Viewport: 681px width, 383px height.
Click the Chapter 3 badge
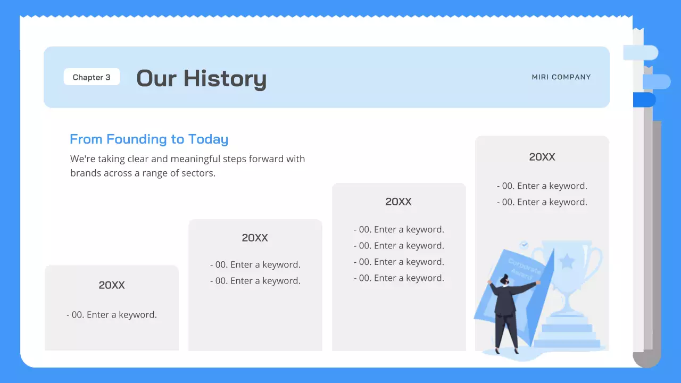pyautogui.click(x=92, y=77)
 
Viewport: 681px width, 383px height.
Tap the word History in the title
pyautogui.click(x=225, y=79)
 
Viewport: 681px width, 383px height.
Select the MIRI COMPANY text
pyautogui.click(x=561, y=77)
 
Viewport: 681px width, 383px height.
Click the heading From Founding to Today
pyautogui.click(x=149, y=139)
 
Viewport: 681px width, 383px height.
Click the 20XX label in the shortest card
pyautogui.click(x=112, y=285)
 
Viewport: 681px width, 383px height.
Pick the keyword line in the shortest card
pyautogui.click(x=112, y=315)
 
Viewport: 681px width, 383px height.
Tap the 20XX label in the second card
pyautogui.click(x=255, y=238)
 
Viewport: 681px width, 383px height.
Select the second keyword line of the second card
pyautogui.click(x=255, y=281)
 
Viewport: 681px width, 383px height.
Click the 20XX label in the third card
pyautogui.click(x=398, y=202)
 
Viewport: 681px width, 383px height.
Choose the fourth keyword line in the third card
pyautogui.click(x=399, y=278)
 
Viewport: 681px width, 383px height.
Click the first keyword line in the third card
pyautogui.click(x=399, y=230)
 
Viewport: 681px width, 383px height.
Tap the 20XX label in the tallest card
pyautogui.click(x=542, y=157)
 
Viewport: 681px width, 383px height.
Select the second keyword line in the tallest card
pyautogui.click(x=542, y=202)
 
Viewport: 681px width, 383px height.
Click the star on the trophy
pyautogui.click(x=567, y=261)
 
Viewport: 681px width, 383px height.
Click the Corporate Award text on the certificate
pyautogui.click(x=524, y=269)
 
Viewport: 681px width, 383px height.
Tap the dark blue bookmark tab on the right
pyautogui.click(x=644, y=100)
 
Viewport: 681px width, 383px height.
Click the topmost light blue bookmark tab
pyautogui.click(x=641, y=53)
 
